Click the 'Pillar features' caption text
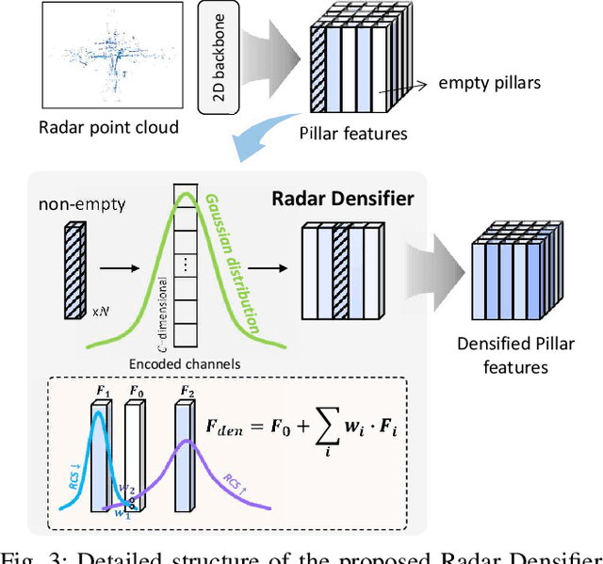coord(354,134)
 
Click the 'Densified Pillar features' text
coord(514,354)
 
